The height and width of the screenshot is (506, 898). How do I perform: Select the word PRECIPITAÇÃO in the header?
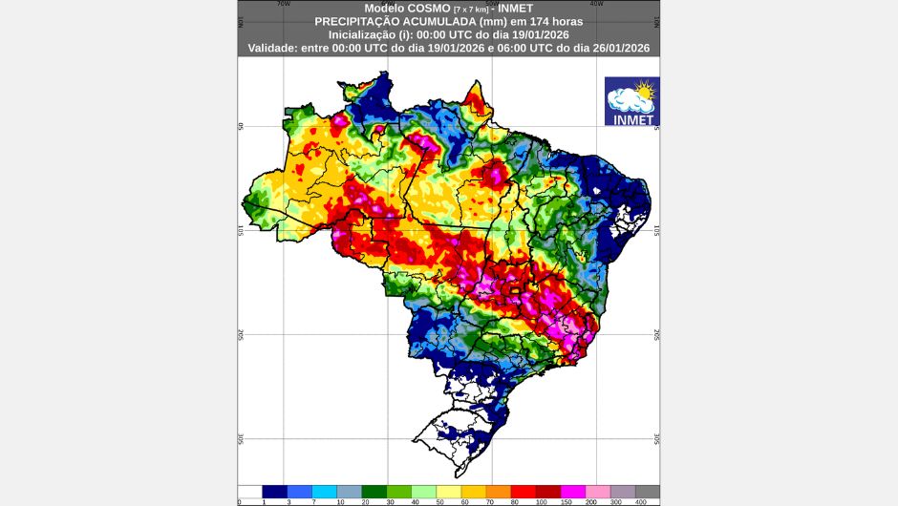tap(356, 20)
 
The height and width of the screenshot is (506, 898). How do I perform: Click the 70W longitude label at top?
tap(283, 4)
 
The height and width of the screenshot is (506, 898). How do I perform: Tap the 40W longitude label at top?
tap(597, 4)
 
